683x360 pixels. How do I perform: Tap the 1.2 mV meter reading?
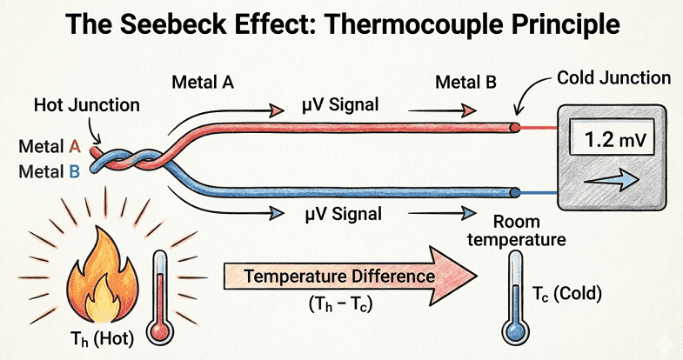(610, 137)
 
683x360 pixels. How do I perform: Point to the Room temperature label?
(519, 230)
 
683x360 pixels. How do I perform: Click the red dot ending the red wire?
(515, 127)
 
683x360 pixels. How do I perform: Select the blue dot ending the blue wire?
(516, 192)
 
